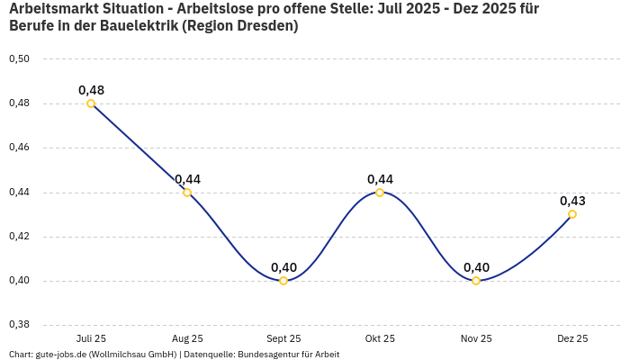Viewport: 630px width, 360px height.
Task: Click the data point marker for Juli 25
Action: (x=91, y=103)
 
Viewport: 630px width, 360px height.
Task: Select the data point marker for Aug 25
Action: (x=187, y=192)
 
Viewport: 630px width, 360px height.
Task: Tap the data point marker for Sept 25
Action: (x=283, y=281)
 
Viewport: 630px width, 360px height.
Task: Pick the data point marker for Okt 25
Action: (x=380, y=192)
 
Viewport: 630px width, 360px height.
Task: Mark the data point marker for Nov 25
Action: (x=476, y=281)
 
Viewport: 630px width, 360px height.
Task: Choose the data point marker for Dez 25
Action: (x=572, y=214)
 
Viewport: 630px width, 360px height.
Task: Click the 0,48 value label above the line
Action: (x=91, y=90)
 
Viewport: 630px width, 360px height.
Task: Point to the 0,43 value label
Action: (x=572, y=201)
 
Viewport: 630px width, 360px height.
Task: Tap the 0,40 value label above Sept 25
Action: (x=283, y=267)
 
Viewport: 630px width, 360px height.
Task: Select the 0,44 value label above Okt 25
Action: (x=380, y=179)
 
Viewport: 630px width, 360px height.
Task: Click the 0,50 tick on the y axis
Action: (x=19, y=59)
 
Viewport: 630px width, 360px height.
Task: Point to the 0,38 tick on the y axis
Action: (x=19, y=325)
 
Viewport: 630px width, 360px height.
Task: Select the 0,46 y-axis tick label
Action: (x=19, y=148)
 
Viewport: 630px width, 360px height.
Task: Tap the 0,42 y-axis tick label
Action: (x=19, y=237)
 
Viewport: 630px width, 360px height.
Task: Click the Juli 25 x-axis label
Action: (x=91, y=338)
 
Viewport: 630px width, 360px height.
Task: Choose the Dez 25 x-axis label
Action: (x=572, y=338)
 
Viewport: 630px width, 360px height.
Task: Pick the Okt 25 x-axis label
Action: (x=380, y=338)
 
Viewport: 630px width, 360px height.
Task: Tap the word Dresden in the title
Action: (x=266, y=26)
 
